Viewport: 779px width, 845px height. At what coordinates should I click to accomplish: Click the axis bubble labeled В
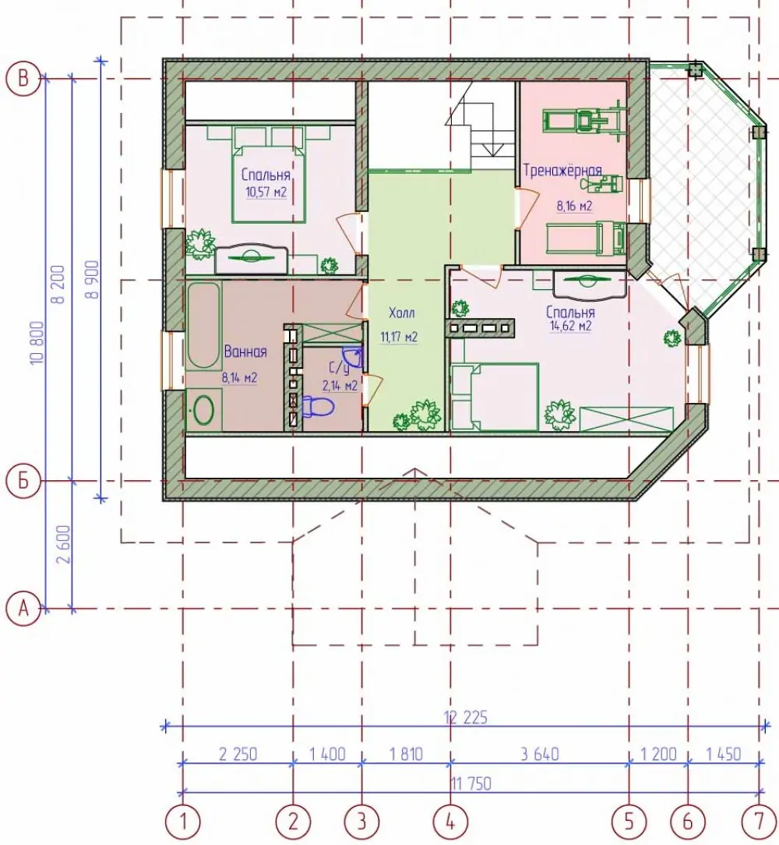[23, 80]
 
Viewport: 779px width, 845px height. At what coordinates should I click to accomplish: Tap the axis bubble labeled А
[23, 609]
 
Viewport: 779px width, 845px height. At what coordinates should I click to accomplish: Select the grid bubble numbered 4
[450, 822]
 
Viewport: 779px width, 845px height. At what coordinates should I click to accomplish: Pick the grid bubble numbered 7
[759, 822]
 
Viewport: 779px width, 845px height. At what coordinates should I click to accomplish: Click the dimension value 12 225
[466, 717]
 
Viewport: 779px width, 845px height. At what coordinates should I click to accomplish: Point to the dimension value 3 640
[539, 753]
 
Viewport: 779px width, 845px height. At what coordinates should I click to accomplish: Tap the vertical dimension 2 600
[63, 544]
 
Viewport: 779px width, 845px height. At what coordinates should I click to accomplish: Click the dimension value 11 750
[471, 783]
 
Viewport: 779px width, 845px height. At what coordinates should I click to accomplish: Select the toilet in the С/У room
[318, 406]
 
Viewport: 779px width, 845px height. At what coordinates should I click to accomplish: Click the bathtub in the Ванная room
[203, 326]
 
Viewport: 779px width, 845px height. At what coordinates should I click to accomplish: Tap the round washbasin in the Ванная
[203, 410]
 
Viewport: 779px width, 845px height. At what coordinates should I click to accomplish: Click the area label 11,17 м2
[399, 338]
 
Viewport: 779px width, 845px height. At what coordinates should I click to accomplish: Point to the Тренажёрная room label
[562, 170]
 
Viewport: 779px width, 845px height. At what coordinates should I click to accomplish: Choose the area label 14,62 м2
[570, 326]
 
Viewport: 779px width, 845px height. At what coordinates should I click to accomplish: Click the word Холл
[401, 313]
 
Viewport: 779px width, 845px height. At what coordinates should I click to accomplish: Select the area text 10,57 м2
[266, 193]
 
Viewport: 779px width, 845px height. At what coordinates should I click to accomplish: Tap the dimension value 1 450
[724, 753]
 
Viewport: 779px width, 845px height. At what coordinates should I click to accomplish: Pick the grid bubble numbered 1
[183, 822]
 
